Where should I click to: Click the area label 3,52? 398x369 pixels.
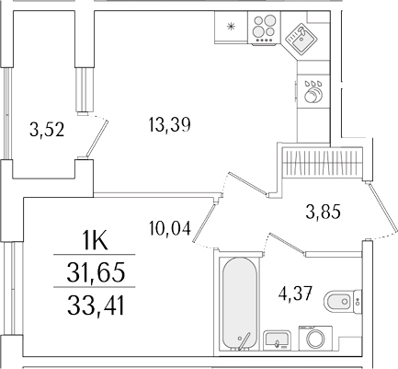pyautogui.click(x=46, y=130)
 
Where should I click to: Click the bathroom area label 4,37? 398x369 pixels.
pyautogui.click(x=296, y=294)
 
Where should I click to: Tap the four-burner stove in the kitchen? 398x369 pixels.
pyautogui.click(x=263, y=29)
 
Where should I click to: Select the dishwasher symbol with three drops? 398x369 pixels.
pyautogui.click(x=313, y=89)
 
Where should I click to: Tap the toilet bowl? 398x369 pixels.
pyautogui.click(x=341, y=297)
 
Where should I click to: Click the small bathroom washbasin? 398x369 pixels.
pyautogui.click(x=275, y=340)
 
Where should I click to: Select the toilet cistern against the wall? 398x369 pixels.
pyautogui.click(x=357, y=297)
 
